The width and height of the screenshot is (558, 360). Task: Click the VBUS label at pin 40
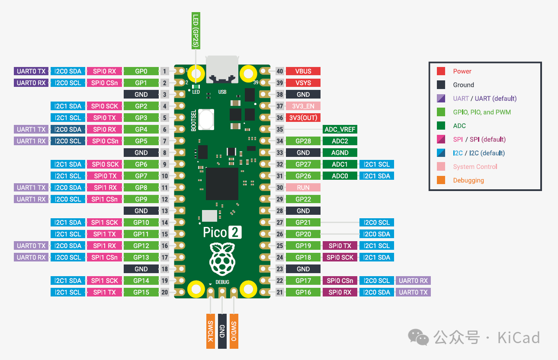point(303,71)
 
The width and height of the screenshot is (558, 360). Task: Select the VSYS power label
point(303,83)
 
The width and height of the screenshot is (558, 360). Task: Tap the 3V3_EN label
point(303,106)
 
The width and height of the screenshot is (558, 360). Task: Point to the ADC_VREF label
point(340,130)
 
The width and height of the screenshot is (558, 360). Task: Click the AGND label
point(340,153)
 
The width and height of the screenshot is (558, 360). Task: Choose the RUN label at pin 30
point(303,188)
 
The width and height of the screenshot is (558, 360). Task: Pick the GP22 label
point(303,199)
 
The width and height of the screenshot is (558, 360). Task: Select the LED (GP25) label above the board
point(196,30)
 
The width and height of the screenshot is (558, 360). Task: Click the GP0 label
point(141,71)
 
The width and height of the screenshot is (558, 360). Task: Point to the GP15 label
point(141,293)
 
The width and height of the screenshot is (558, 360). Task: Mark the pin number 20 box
point(164,293)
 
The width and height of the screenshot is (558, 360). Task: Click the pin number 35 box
point(280,130)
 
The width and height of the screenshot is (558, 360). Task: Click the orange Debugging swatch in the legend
point(441,181)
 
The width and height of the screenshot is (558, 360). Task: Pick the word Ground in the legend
point(463,85)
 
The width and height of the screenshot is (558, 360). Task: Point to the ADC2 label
point(340,141)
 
